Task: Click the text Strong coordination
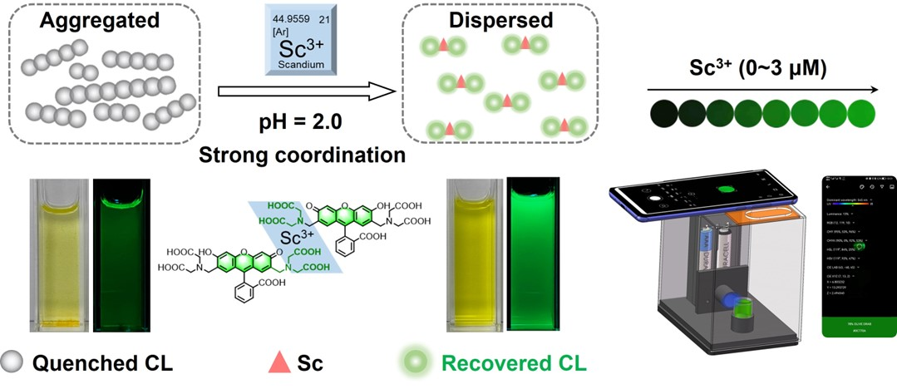pos(302,154)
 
